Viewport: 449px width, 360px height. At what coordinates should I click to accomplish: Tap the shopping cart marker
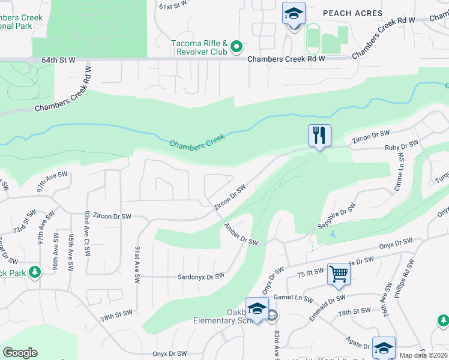[339, 274]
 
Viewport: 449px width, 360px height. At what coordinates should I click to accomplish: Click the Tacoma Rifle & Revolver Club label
[199, 47]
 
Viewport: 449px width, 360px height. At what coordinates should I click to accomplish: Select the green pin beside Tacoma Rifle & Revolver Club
[237, 46]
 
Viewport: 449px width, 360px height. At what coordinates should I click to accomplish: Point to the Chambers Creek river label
[197, 142]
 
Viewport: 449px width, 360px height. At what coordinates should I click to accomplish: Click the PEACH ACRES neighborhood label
[352, 13]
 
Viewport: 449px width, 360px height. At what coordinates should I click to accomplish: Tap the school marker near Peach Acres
[294, 13]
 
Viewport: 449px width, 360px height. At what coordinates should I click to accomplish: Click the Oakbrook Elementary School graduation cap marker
[257, 309]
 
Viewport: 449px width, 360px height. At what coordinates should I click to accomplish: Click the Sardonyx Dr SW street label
[200, 276]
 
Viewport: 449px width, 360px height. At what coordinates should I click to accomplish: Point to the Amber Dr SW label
[240, 233]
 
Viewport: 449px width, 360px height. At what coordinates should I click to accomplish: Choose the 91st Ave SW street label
[138, 263]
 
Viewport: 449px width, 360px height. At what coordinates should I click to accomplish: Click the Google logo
[20, 352]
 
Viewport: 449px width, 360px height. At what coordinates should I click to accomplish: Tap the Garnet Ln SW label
[293, 298]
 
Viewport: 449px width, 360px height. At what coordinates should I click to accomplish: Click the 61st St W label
[174, 6]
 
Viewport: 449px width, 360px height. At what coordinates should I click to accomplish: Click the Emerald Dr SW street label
[328, 298]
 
